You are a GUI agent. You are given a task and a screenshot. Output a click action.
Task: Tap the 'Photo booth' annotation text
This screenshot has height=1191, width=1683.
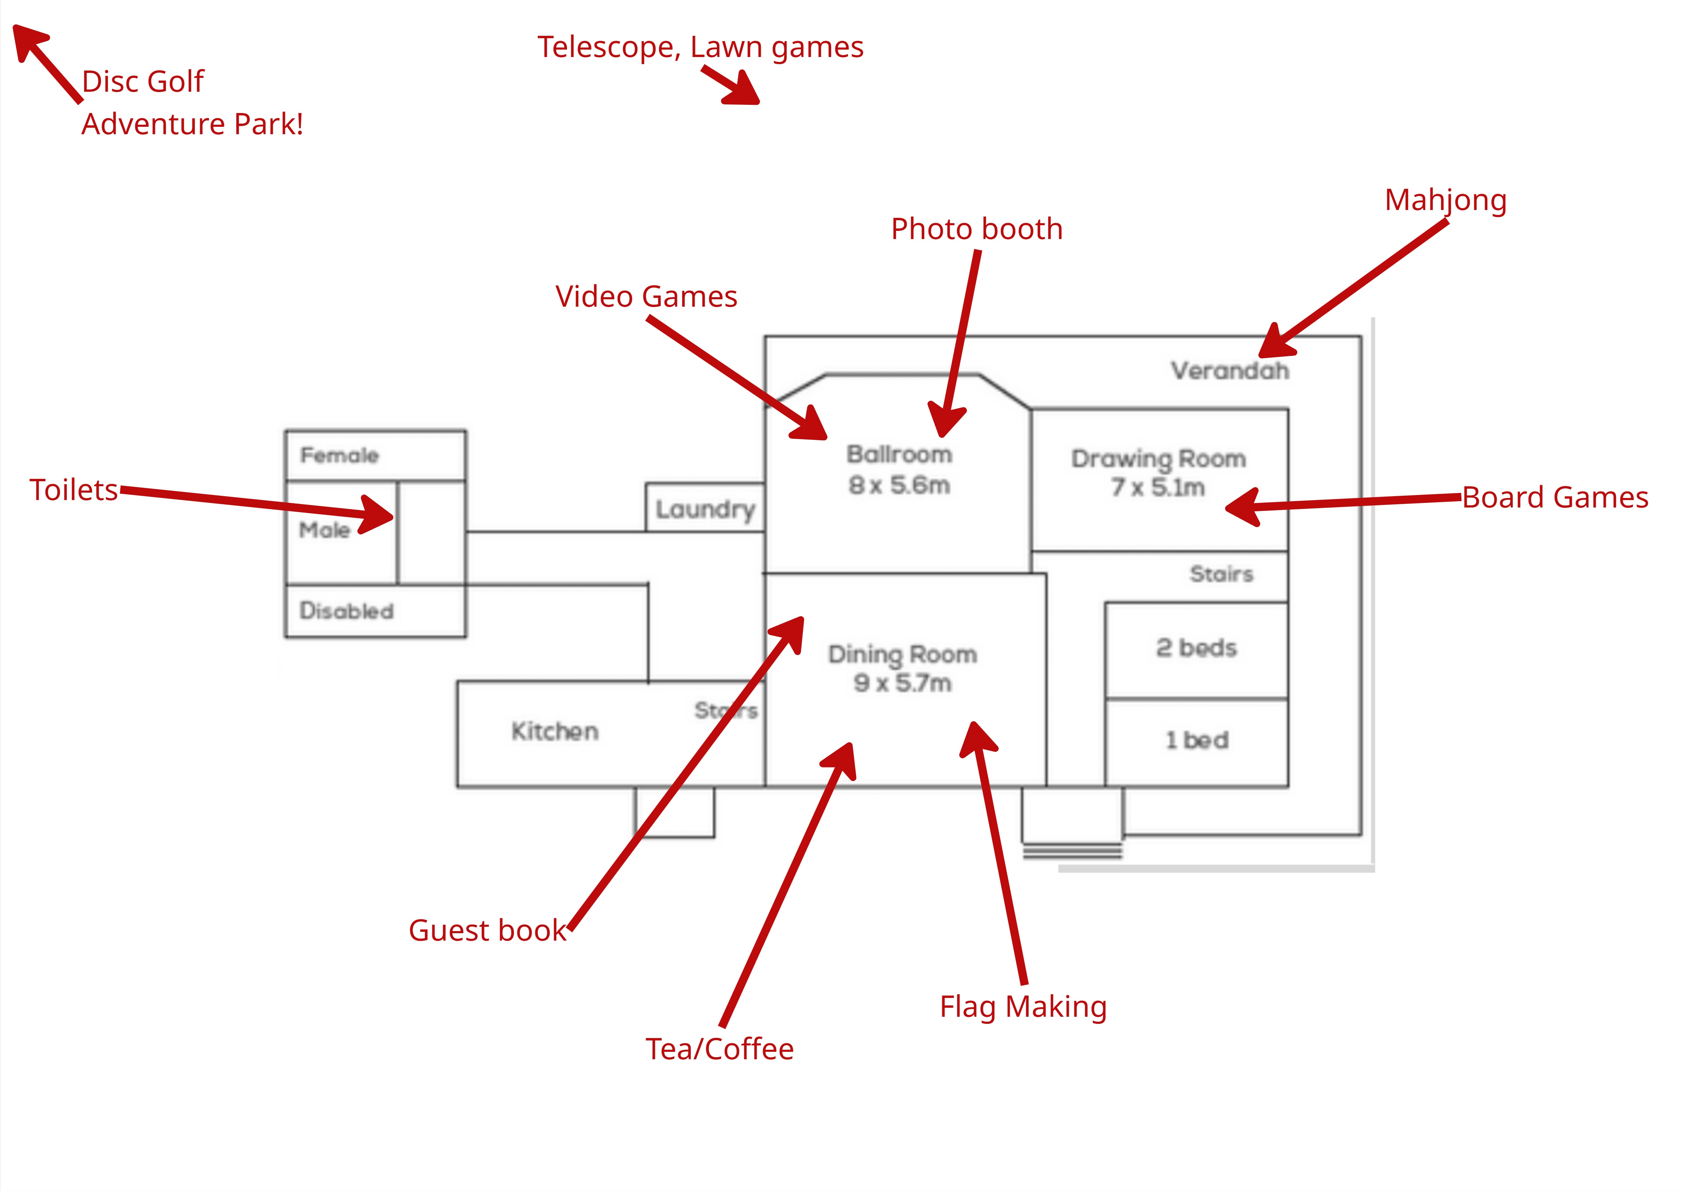(976, 229)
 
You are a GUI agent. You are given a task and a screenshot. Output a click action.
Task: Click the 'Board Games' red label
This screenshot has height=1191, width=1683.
(1555, 497)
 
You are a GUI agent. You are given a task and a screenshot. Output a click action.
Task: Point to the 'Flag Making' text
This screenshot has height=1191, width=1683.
(1023, 1006)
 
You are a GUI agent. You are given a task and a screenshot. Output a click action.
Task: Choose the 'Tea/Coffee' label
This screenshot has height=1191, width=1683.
(719, 1049)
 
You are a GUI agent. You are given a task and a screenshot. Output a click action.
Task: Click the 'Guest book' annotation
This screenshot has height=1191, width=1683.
(488, 930)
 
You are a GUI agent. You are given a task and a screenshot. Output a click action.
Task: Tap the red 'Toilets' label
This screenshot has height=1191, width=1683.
(73, 490)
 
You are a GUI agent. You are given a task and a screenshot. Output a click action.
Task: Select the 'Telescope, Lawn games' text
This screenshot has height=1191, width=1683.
(700, 47)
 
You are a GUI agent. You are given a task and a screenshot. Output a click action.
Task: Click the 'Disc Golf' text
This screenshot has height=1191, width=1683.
(143, 81)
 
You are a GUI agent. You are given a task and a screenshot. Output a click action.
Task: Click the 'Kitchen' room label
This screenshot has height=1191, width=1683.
(555, 731)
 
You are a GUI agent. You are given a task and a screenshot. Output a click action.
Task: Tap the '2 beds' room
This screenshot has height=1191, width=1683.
(1196, 648)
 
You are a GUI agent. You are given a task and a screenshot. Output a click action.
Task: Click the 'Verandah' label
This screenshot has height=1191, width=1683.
(1229, 371)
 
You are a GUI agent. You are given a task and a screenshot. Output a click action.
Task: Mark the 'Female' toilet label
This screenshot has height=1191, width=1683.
(339, 455)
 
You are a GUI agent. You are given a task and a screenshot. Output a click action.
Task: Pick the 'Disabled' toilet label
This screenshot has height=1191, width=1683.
(347, 611)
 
